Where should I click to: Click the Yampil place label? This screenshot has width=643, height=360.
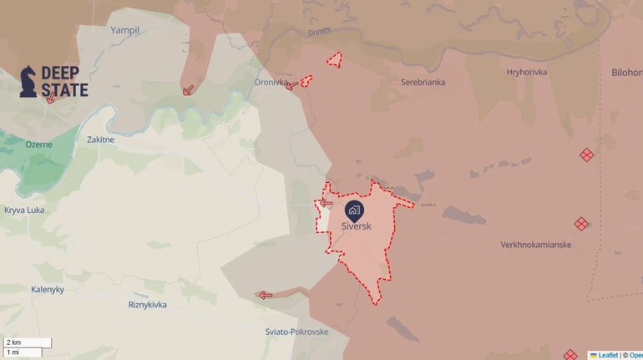[125, 30]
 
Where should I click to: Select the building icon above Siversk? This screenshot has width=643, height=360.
[354, 210]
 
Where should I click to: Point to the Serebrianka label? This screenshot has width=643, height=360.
[423, 83]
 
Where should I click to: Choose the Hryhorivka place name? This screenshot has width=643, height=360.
[526, 73]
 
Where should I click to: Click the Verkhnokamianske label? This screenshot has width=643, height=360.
[535, 245]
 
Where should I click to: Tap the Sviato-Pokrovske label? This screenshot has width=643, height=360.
[296, 332]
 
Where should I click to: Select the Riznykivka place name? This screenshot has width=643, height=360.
[147, 305]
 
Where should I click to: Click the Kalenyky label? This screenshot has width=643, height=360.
[53, 289]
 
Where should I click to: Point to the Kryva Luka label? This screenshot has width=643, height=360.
[24, 210]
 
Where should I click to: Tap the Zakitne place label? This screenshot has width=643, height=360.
[100, 139]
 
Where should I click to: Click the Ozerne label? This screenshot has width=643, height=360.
[38, 145]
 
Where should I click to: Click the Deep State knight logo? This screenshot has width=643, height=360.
[28, 81]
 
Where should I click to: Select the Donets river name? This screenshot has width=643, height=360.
[319, 31]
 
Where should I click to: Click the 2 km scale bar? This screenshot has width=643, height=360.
[27, 342]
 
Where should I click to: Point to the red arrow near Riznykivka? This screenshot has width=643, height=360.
[266, 295]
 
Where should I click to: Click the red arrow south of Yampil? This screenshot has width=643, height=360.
[189, 89]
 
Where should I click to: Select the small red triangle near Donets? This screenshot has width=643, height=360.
[335, 59]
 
